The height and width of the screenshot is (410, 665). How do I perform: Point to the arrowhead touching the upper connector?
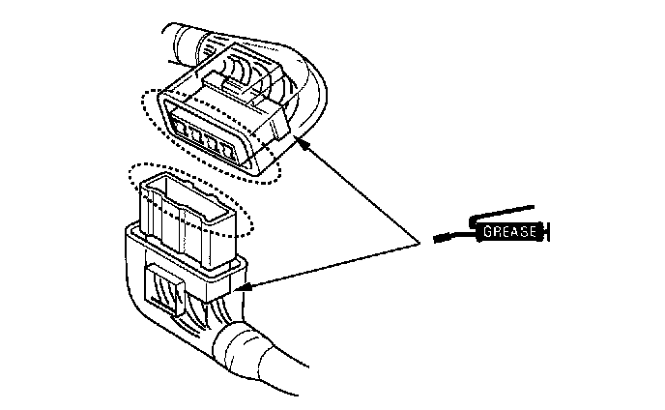(302, 143)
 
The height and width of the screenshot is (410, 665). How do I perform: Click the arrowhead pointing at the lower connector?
(242, 287)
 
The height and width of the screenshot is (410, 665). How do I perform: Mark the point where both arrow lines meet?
(422, 243)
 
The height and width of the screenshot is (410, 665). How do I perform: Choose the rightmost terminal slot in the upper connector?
(228, 150)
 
